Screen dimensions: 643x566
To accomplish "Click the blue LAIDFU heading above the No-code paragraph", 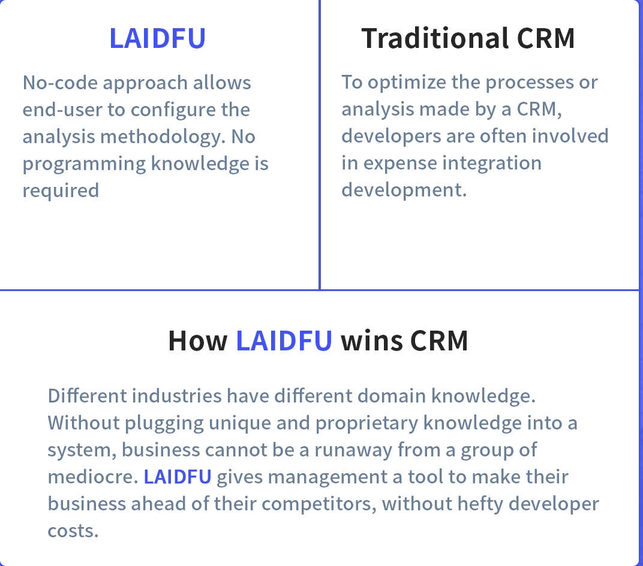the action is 158,38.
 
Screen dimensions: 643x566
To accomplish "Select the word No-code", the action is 60,83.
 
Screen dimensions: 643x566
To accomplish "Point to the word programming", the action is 84,164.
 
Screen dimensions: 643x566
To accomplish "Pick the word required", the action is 61,191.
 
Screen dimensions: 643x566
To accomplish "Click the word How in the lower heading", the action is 198,341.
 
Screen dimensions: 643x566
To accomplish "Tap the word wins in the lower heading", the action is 372,341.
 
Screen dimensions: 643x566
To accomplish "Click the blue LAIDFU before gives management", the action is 178,477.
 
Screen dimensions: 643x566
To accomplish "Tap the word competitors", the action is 319,504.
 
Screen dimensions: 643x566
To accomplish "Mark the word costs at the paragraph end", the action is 73,531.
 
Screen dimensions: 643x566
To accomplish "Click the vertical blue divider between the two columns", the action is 320,145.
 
